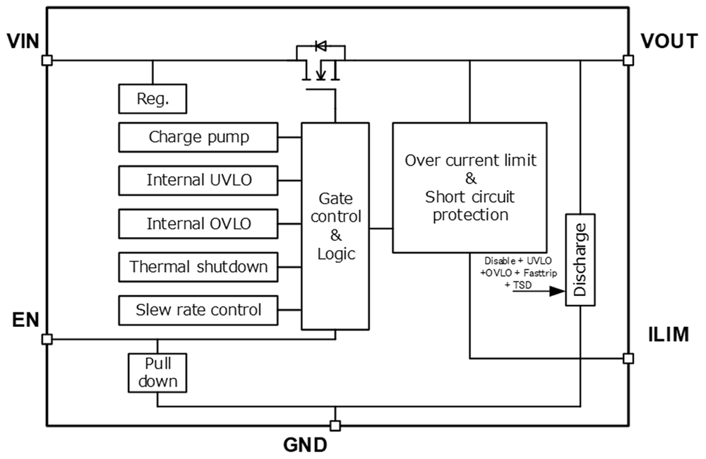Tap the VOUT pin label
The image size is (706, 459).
(x=669, y=41)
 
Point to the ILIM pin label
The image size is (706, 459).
(x=668, y=335)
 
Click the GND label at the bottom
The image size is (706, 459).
(x=305, y=446)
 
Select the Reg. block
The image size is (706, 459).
(x=152, y=99)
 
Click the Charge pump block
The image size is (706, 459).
(x=198, y=137)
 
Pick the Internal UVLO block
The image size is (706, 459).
(x=198, y=180)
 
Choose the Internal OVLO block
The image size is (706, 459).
(x=198, y=224)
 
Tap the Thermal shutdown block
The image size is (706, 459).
(x=198, y=267)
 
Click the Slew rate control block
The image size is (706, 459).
(x=198, y=310)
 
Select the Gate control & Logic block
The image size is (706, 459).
(x=335, y=226)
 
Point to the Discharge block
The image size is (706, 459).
(x=580, y=260)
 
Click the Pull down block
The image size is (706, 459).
(x=157, y=373)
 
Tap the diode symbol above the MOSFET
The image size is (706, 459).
(x=320, y=47)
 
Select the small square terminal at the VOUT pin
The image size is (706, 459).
(x=628, y=60)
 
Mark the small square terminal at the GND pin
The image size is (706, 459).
(x=335, y=425)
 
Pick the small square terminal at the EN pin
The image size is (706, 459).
(x=47, y=339)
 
